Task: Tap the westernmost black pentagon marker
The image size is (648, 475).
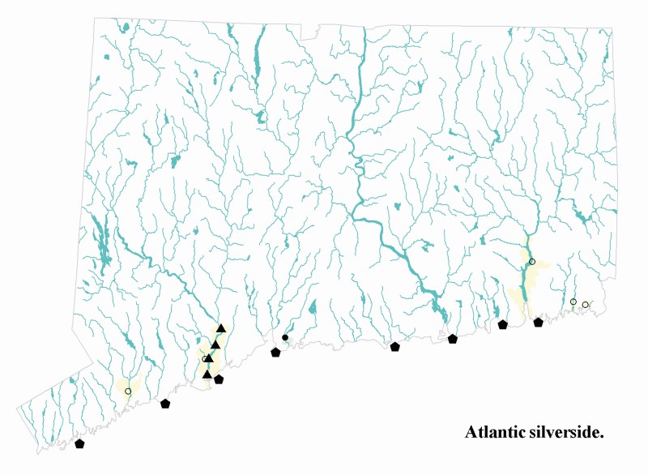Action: point(79,444)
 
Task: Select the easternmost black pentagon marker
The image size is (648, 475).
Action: point(539,323)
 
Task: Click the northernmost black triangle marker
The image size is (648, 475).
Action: point(221,328)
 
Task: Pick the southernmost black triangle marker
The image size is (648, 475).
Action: point(207,374)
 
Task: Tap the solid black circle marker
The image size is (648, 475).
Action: point(285,337)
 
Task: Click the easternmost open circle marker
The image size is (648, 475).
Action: point(586,305)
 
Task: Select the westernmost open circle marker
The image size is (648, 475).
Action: point(128,392)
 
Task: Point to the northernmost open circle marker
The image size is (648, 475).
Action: point(532,262)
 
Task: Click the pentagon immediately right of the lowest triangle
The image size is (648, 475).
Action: point(219,379)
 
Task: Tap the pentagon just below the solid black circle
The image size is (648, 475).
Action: point(275,353)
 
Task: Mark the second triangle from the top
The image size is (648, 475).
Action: point(215,345)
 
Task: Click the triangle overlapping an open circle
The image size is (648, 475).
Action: point(209,358)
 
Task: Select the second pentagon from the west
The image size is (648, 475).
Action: point(165,404)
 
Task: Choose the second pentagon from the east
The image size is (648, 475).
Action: point(503,325)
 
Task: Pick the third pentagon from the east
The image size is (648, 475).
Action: point(453,339)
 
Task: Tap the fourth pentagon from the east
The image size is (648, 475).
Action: point(395,347)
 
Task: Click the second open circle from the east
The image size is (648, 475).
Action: point(573,302)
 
